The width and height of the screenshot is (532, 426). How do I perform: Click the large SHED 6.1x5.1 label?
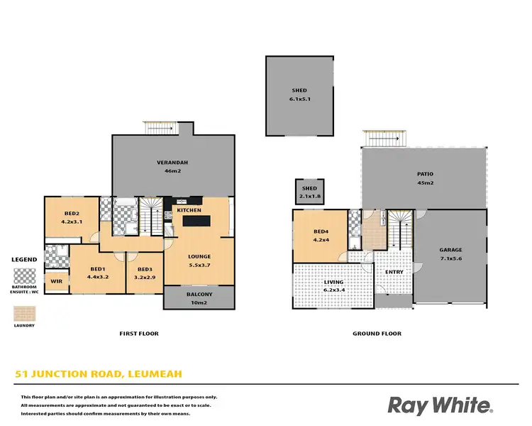click(x=301, y=95)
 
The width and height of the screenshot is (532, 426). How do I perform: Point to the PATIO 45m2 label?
click(x=425, y=178)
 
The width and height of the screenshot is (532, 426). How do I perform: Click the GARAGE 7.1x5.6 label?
click(x=450, y=254)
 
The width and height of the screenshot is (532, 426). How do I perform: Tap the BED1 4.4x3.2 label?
click(x=98, y=273)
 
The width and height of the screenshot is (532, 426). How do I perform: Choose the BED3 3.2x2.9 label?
click(x=145, y=273)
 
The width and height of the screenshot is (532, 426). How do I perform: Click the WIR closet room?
click(x=56, y=281)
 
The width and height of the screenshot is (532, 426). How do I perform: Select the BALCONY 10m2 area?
click(x=199, y=298)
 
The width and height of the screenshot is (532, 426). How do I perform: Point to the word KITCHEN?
click(x=189, y=210)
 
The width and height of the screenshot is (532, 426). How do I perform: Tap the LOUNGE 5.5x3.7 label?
click(x=199, y=260)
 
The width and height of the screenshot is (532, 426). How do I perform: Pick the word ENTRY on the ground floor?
click(x=394, y=272)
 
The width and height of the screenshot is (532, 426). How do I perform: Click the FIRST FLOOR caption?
click(x=139, y=333)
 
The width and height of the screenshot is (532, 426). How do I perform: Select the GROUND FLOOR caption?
click(x=377, y=333)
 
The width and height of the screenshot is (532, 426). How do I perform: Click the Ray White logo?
click(x=440, y=405)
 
